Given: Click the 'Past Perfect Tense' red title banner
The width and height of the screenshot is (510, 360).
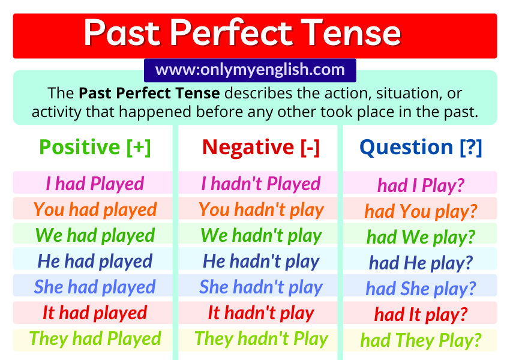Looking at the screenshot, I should point(255,35).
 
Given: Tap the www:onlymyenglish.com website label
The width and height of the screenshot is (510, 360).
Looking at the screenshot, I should point(250,70).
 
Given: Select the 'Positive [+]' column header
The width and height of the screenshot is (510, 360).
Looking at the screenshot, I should point(95,147).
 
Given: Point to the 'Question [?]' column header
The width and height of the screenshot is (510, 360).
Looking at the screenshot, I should point(421,147).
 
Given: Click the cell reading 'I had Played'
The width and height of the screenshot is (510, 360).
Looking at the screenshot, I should point(95,184).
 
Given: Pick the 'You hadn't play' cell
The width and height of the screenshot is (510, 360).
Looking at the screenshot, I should point(261,209).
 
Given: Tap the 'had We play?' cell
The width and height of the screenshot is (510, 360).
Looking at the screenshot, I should point(421,236).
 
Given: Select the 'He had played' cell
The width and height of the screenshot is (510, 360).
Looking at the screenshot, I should point(95,261).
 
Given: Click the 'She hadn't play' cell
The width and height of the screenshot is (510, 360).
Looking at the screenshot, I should point(261,287).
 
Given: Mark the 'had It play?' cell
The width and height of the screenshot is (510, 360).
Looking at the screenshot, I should point(421,314).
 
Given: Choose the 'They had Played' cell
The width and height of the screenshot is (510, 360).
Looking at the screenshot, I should point(95,338).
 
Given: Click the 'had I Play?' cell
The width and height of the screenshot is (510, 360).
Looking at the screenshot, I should point(421,185).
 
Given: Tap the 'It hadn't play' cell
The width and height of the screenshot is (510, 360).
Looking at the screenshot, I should point(261,313).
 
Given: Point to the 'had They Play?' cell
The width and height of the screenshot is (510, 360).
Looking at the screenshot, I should point(421,340).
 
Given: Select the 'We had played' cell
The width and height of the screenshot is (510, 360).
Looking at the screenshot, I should point(95,235).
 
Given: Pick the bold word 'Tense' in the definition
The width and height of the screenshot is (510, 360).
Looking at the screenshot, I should point(199,94).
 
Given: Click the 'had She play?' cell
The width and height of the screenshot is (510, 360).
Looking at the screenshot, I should point(421,288).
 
